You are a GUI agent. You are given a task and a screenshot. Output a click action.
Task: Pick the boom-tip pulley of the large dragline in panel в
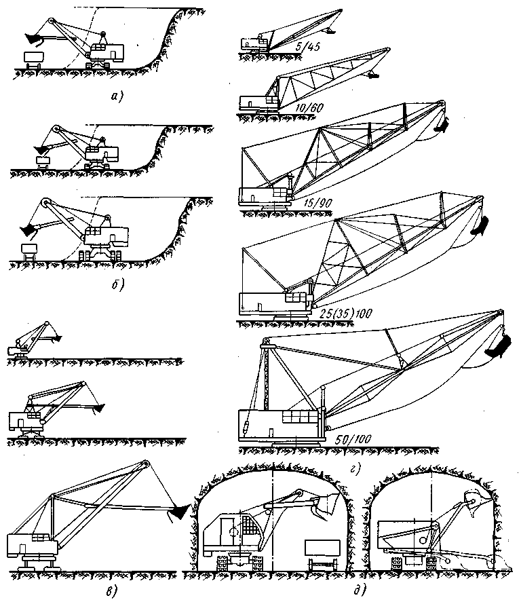(147, 464)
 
